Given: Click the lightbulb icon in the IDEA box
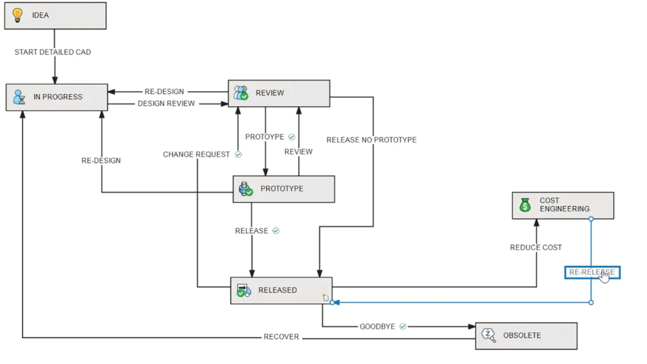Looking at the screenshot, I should click(x=18, y=15).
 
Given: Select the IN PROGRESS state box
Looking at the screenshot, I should click(x=57, y=97).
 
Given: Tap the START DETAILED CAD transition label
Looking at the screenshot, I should click(x=52, y=52).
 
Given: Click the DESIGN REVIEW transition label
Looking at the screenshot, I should click(x=166, y=104).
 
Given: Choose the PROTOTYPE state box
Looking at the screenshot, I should click(x=283, y=189).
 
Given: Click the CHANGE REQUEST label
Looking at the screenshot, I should click(x=197, y=155).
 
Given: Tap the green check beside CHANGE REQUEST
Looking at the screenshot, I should click(x=238, y=154).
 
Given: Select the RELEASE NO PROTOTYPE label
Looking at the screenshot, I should click(x=372, y=140).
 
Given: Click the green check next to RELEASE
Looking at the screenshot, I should click(x=276, y=231).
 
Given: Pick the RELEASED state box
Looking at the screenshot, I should click(x=281, y=291).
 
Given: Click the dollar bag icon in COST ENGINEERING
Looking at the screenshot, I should click(x=525, y=205).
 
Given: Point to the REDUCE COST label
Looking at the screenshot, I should click(x=536, y=248).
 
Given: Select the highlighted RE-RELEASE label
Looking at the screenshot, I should click(x=592, y=272).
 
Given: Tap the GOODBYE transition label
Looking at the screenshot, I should click(x=377, y=327).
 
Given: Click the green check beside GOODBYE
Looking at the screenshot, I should click(x=402, y=327).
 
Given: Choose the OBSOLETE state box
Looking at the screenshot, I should click(x=526, y=336).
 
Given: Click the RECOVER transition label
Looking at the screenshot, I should click(x=281, y=337).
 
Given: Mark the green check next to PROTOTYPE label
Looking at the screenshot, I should click(x=291, y=136).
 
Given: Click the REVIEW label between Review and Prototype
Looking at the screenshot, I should click(x=298, y=152).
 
